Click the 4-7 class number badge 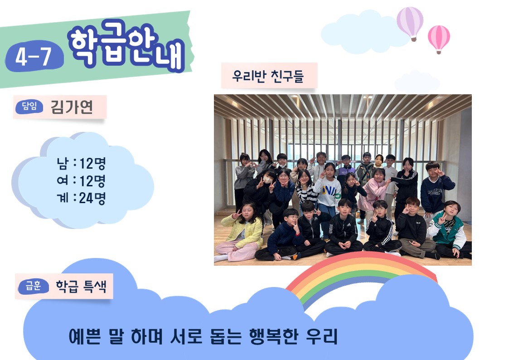34,56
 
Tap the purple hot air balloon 410,24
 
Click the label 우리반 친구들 268,76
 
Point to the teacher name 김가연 72,107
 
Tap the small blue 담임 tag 29,107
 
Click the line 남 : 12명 81,163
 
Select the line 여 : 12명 81,180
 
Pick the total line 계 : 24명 81,198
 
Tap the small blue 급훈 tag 34,286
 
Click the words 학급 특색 81,286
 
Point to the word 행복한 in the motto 274,336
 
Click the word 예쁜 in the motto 84,336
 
